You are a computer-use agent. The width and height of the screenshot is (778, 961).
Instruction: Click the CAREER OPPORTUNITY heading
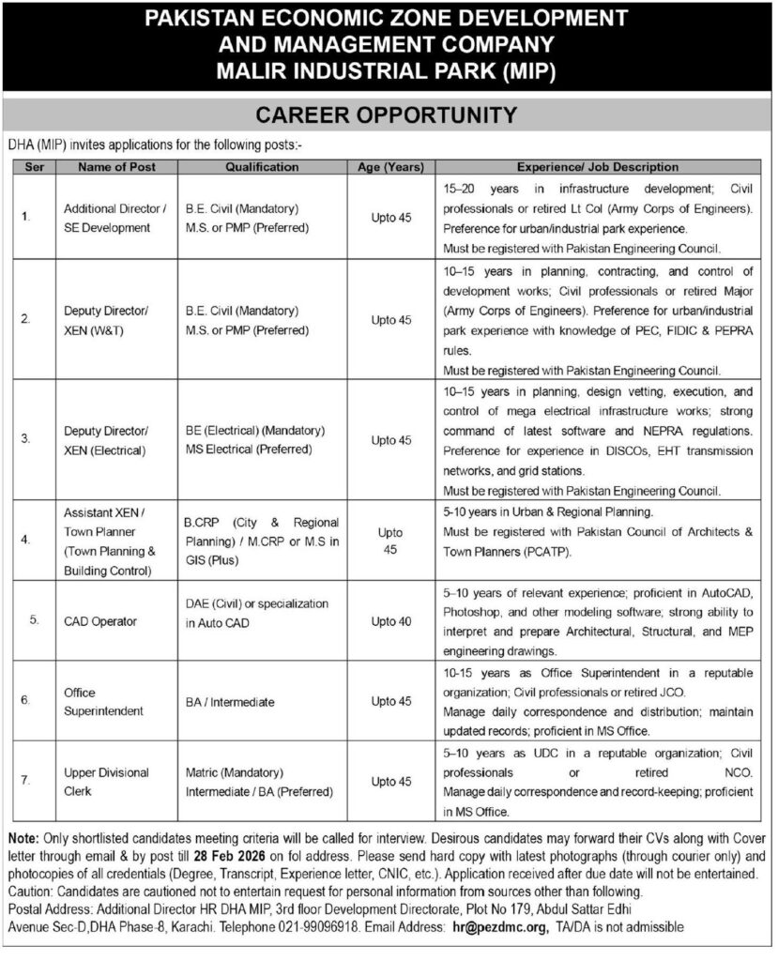pos(388,115)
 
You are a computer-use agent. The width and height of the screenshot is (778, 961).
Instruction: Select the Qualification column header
pos(263,167)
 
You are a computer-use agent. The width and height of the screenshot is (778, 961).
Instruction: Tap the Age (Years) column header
pos(390,167)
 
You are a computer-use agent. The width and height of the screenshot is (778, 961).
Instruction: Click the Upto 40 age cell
pos(390,620)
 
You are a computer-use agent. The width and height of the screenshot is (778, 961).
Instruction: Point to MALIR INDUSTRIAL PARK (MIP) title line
pos(388,72)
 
